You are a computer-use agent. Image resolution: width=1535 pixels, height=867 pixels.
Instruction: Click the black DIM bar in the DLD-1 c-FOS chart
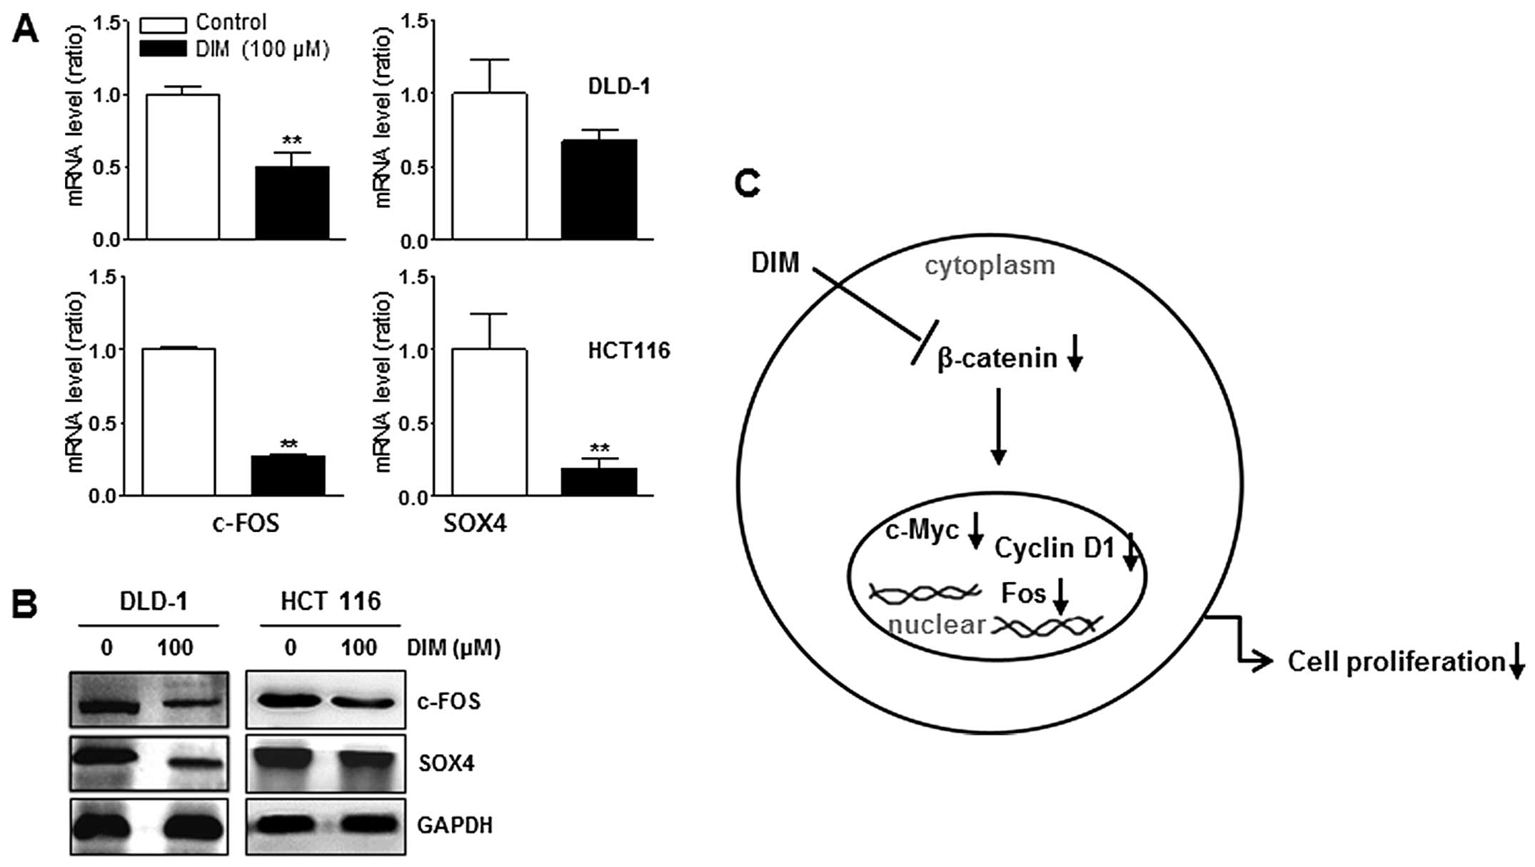(x=292, y=203)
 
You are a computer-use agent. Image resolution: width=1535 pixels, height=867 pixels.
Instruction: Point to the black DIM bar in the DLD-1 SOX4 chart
(x=598, y=189)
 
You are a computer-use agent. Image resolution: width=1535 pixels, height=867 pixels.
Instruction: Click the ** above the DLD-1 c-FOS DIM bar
(x=292, y=141)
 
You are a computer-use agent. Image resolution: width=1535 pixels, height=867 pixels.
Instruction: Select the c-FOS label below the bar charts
(x=246, y=523)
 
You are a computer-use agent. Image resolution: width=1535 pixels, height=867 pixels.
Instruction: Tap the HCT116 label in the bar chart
(x=629, y=351)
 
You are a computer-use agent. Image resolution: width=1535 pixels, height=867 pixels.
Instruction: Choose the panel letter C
(x=748, y=184)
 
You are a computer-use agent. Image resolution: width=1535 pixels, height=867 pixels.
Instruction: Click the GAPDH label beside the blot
(x=455, y=826)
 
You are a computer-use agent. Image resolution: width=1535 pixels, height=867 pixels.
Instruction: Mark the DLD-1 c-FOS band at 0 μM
(x=108, y=707)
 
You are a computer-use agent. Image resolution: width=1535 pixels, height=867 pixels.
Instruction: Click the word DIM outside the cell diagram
(x=775, y=263)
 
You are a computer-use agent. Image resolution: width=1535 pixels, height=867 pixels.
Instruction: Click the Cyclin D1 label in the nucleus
(x=1054, y=548)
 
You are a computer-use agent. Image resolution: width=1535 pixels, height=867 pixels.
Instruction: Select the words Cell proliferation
(x=1396, y=662)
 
